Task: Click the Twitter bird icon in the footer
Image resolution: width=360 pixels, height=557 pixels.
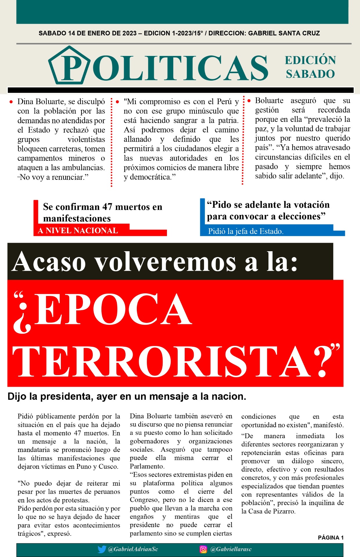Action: coord(102,549)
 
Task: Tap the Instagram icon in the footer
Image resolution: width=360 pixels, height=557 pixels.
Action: coord(203,549)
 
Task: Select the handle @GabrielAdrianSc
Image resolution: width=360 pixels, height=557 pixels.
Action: coord(133,549)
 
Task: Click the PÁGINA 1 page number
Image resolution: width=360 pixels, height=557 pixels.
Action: coord(331,538)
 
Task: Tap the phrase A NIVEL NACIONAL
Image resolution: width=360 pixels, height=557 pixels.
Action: coord(78,231)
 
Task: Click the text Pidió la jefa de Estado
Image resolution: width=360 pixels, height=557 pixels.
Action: coord(246,231)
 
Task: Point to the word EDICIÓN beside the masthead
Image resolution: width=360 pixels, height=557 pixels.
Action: coord(310,60)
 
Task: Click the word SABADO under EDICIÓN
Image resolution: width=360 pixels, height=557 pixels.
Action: coord(310,74)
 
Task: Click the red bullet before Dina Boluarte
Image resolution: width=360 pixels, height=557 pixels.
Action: coord(11,102)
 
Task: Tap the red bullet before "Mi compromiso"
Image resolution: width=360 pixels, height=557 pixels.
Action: coord(117,102)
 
